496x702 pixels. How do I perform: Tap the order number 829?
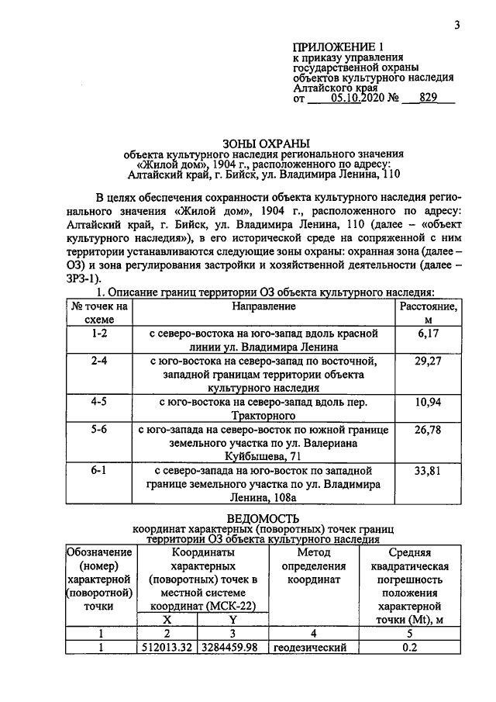(429, 99)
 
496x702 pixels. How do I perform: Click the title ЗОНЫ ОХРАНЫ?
(266, 143)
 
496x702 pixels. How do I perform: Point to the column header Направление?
(263, 307)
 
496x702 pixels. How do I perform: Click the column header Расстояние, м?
(428, 313)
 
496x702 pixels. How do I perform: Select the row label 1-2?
(99, 334)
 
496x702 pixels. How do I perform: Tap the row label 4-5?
(99, 403)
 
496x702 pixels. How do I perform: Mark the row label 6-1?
(99, 471)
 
